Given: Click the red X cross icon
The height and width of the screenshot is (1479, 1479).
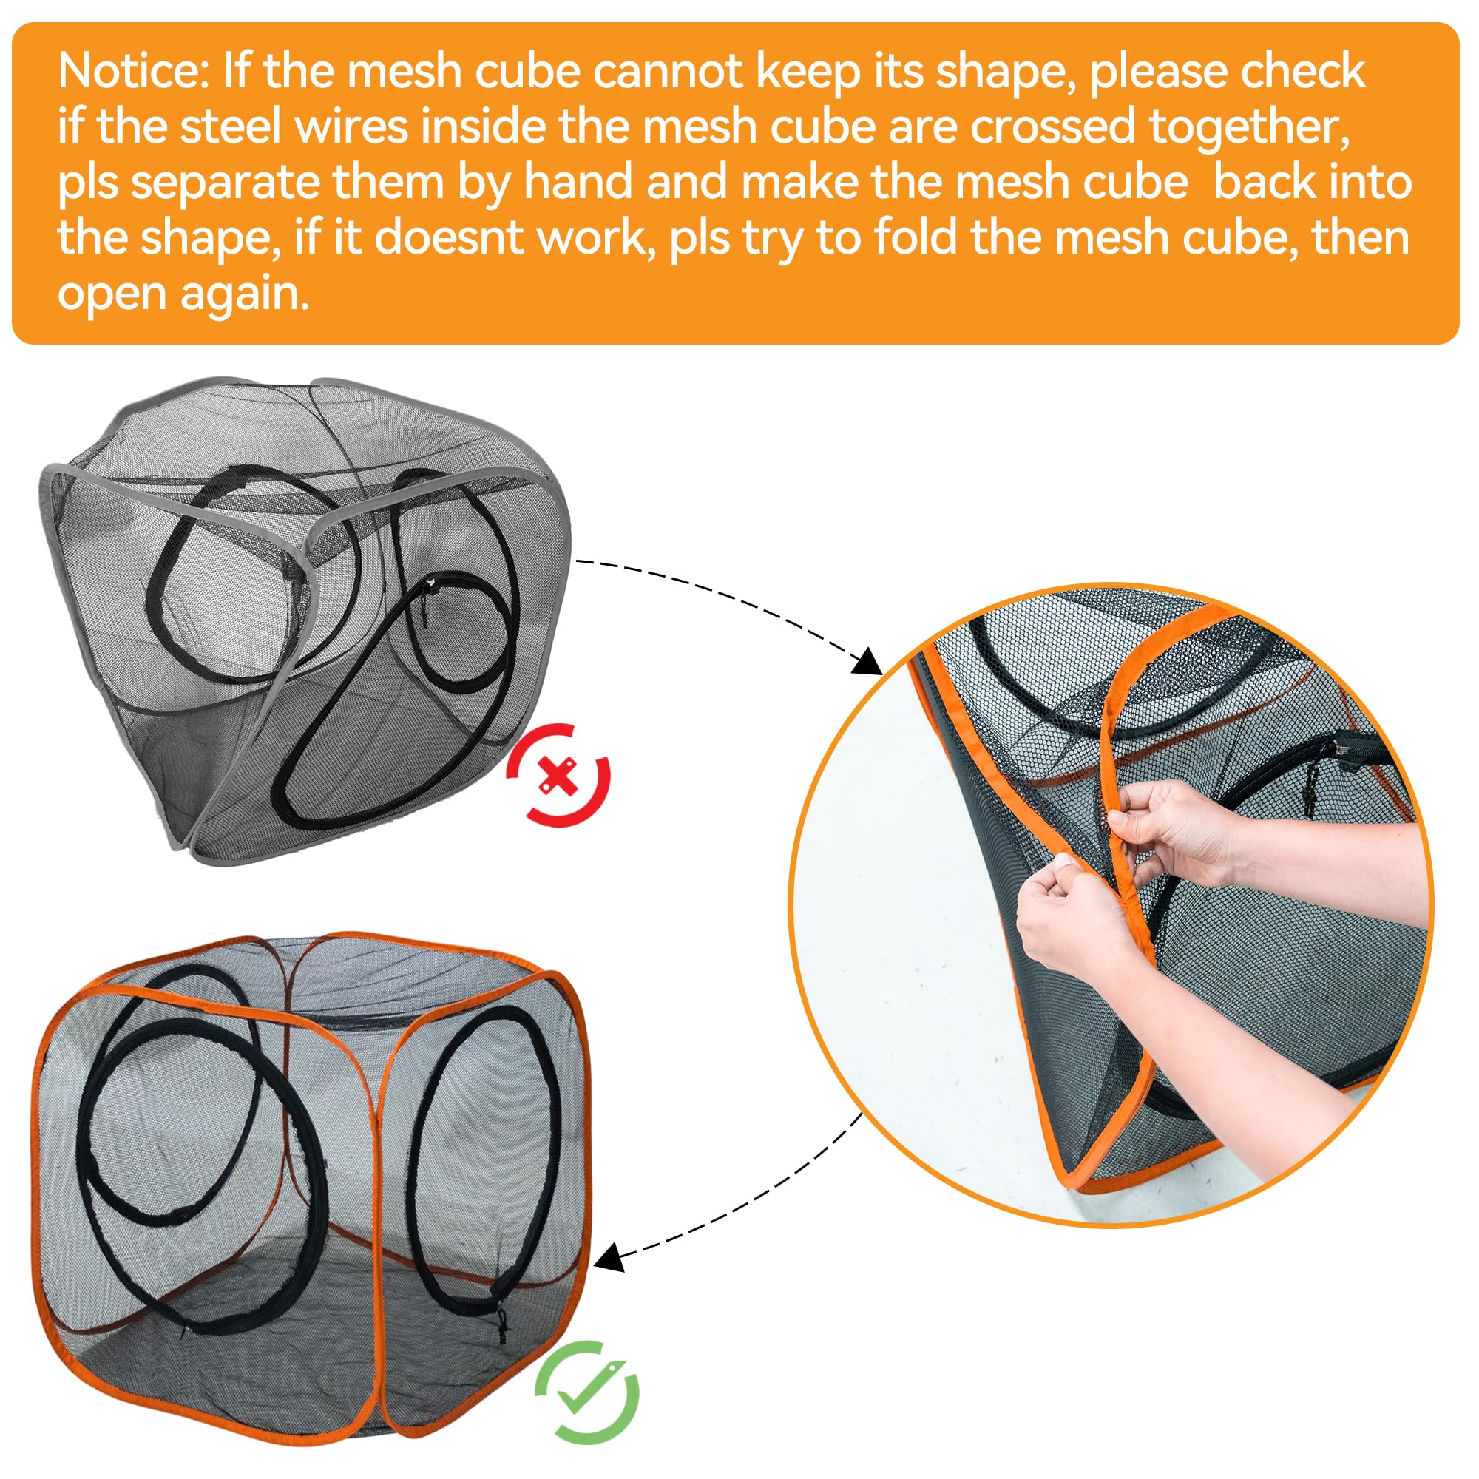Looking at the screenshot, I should (558, 776).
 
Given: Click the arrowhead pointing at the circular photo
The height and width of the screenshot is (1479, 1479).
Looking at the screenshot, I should (867, 660).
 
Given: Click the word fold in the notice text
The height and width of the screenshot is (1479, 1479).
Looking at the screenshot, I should (920, 237).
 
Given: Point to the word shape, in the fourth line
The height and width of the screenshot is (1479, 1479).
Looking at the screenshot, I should (207, 239).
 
